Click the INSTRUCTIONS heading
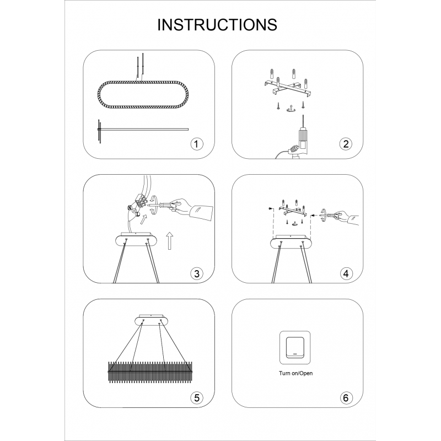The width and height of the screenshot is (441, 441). pos(217,25)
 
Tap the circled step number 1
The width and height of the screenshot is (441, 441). pos(196,144)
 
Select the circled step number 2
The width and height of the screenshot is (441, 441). pos(346,144)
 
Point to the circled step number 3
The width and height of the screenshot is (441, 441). pos(196,273)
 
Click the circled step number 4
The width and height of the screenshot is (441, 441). pos(346,273)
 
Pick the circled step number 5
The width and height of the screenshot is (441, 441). pos(196,397)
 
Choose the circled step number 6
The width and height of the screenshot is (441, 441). pos(346,397)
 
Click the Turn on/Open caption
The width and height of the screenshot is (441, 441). pos(295,373)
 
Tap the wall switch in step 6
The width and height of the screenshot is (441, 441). pos(295,348)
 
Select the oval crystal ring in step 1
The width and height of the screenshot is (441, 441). pos(143,94)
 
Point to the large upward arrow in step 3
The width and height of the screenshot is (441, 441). pos(169,241)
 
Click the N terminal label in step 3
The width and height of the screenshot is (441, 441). pos(130,208)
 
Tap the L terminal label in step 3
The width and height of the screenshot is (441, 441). pos(138,214)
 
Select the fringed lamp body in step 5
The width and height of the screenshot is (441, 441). pos(150,372)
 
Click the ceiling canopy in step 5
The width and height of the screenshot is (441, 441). pos(151,320)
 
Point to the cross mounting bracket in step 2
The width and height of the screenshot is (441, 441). pos(289,88)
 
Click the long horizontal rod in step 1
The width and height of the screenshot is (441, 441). pos(143,130)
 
